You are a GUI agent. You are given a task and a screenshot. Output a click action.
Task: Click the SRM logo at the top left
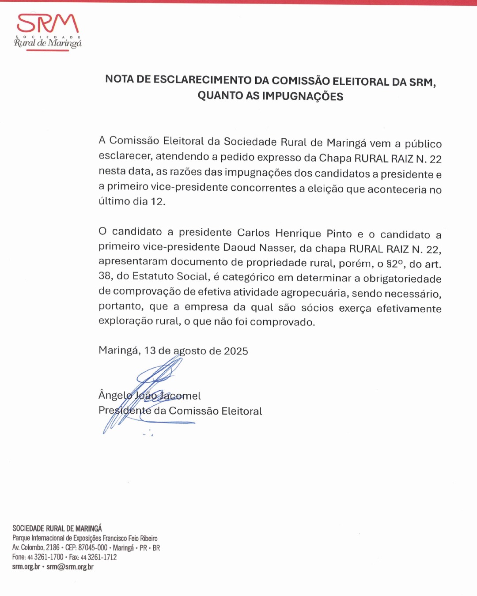[48, 31]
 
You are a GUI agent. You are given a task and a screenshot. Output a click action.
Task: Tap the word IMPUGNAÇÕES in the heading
[303, 96]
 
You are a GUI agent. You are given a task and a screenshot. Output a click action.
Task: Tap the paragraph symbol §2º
[395, 264]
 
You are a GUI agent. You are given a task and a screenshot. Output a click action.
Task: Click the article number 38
[105, 276]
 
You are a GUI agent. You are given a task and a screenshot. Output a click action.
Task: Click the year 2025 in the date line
[236, 351]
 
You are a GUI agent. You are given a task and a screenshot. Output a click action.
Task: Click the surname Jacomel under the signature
[180, 396]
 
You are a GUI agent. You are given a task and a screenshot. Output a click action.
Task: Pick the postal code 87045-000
[93, 548]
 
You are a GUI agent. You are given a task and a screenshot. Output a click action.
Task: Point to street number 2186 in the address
[53, 548]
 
